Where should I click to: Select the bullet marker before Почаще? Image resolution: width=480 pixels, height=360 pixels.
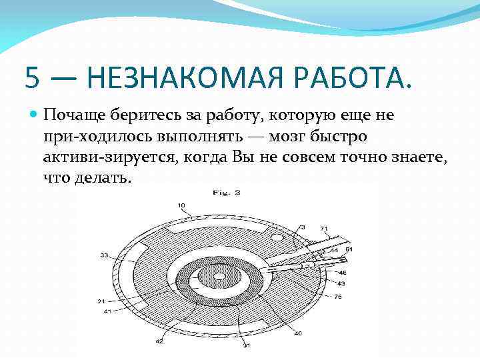click(x=35, y=115)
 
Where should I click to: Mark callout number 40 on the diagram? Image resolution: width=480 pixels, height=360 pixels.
click(x=297, y=333)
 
